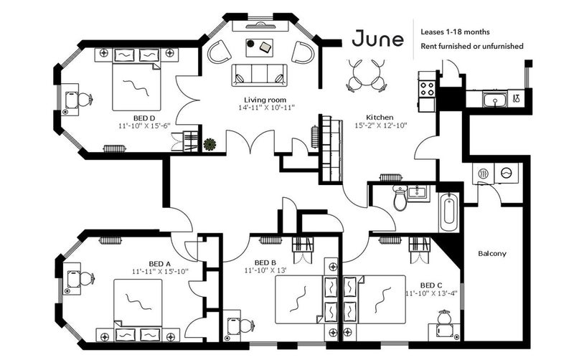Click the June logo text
378,39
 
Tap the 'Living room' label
265,100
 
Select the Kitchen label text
380,118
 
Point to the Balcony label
492,253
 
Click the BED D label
144,118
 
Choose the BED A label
160,264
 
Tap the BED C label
431,285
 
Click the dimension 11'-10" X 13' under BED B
265,271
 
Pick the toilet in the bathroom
400,197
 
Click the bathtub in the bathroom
448,212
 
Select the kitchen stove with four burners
426,88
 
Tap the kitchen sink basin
494,99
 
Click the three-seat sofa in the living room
259,75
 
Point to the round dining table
366,75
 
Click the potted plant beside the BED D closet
210,144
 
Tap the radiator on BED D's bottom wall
115,148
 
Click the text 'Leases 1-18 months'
455,32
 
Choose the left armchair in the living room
220,52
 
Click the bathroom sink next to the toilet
417,191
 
